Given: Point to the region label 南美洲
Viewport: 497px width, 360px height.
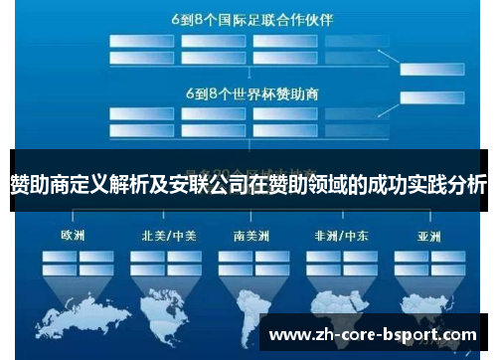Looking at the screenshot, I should point(252,237).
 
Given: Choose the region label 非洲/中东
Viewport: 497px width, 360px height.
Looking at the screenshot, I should point(341,237).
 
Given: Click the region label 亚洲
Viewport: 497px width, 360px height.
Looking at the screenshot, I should point(428,237).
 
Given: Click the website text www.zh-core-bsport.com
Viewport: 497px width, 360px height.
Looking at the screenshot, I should point(373,334).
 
